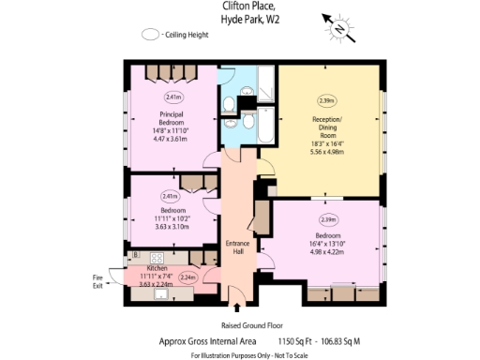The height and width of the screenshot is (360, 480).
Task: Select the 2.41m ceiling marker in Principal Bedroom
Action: point(172,97)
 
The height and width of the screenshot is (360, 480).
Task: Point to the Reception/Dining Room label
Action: point(328,125)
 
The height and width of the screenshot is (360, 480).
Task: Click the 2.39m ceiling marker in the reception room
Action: point(327,100)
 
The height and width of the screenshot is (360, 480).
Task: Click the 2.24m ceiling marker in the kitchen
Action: point(187,277)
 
